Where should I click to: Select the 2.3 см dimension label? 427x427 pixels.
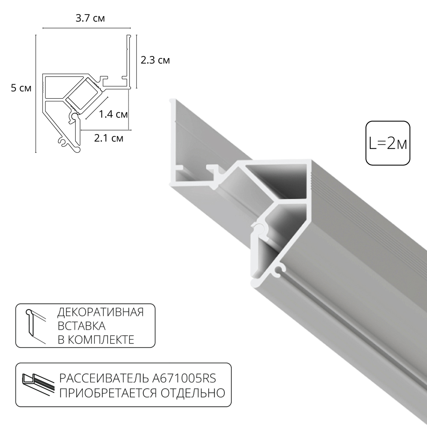155,60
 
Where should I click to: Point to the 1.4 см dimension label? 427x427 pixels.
113,114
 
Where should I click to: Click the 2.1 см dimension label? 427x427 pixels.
109,138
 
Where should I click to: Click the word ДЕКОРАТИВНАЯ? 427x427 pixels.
100,312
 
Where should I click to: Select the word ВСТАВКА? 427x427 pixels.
81,326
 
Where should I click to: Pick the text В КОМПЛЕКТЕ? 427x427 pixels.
96,340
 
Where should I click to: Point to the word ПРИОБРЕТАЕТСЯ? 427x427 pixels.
108,392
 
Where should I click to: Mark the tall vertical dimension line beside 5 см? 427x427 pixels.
36,93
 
